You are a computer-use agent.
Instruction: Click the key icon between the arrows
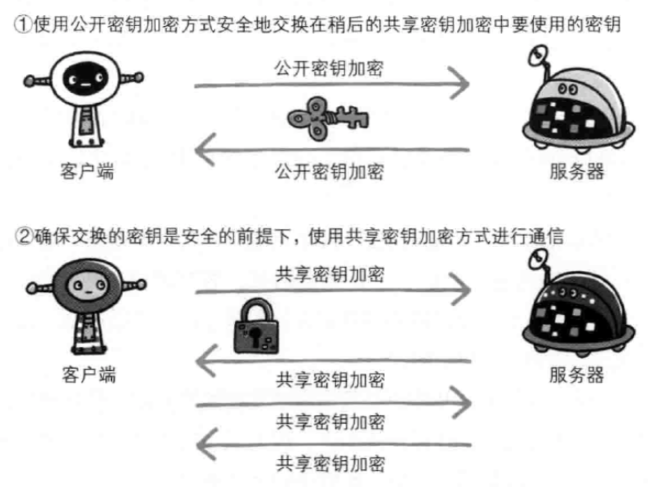[x=328, y=119]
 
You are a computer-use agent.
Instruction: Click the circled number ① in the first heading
[x=23, y=24]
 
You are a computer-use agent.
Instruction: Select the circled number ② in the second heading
[x=24, y=236]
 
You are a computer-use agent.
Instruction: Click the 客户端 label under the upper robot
[x=87, y=171]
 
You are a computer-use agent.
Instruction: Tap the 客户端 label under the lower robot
[x=88, y=375]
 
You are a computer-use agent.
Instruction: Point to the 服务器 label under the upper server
[x=576, y=171]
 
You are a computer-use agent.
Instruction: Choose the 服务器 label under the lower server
[x=576, y=375]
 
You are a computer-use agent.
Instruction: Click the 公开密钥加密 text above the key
[x=329, y=68]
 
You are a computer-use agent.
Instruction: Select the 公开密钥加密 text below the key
[x=329, y=172]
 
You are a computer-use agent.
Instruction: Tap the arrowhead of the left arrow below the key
[x=205, y=150]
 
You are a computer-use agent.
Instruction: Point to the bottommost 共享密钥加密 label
[x=331, y=464]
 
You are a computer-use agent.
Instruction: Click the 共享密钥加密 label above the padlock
[x=330, y=274]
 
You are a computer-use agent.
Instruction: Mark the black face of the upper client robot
[x=85, y=79]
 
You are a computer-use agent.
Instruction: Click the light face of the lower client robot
[x=88, y=286]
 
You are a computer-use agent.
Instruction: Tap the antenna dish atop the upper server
[x=539, y=55]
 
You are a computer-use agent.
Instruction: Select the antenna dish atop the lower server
[x=539, y=258]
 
